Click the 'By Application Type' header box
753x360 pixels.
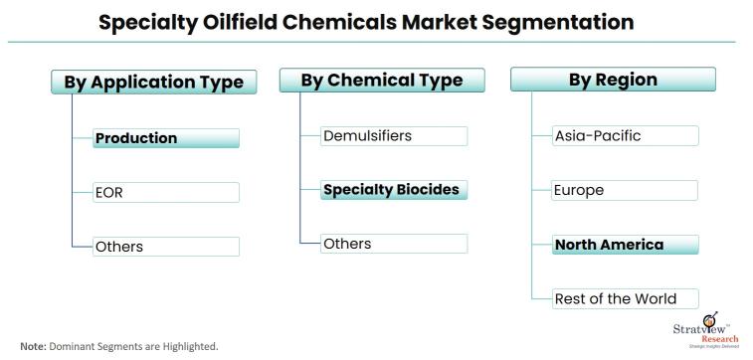[x=153, y=82]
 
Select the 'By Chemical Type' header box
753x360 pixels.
[x=382, y=80]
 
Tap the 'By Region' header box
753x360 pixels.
[x=614, y=80]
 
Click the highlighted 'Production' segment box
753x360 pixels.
[x=166, y=138]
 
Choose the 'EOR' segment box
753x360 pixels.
[x=166, y=192]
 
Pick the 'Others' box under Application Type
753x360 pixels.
[x=166, y=247]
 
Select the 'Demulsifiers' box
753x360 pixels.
[x=394, y=135]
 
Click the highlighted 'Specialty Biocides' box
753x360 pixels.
[x=394, y=189]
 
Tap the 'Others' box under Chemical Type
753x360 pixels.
[x=394, y=244]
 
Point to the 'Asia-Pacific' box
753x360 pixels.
[x=625, y=135]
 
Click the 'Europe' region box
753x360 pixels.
[x=625, y=189]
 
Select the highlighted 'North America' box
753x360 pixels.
[x=625, y=244]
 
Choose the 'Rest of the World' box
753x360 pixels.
[x=625, y=297]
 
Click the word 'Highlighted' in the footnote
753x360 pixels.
[x=188, y=346]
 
